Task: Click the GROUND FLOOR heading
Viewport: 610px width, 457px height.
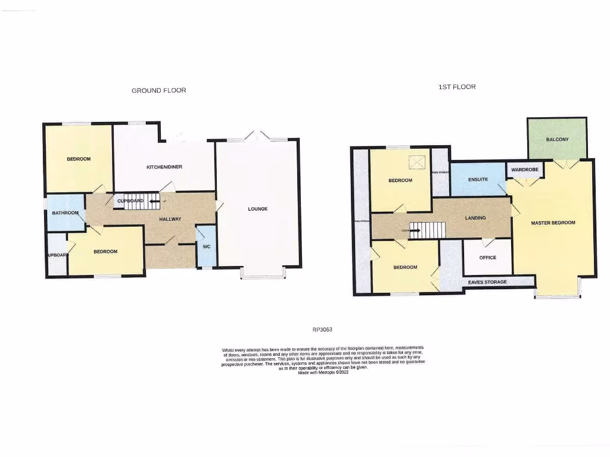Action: point(158,90)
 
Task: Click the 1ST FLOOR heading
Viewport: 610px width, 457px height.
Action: point(457,87)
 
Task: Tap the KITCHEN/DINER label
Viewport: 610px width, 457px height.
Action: point(164,167)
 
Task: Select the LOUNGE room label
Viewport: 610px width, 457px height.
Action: point(258,209)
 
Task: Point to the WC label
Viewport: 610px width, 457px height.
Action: point(207,246)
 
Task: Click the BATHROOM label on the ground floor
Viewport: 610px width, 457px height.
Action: point(66,213)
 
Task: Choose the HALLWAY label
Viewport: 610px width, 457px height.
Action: point(170,220)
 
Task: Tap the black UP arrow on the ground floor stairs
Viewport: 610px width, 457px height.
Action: point(155,201)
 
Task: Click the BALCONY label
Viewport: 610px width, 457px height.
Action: point(557,140)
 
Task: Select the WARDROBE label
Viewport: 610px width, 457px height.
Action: point(524,170)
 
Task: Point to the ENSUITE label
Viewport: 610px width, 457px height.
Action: point(478,179)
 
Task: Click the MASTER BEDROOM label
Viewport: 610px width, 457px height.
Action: point(553,223)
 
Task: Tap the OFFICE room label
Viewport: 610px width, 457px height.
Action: point(487,258)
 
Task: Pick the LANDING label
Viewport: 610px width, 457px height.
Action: point(475,218)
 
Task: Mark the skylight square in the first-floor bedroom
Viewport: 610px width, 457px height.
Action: point(419,161)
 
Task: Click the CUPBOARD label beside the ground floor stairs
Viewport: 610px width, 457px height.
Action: point(130,201)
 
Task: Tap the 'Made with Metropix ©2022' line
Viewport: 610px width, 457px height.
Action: point(322,372)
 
